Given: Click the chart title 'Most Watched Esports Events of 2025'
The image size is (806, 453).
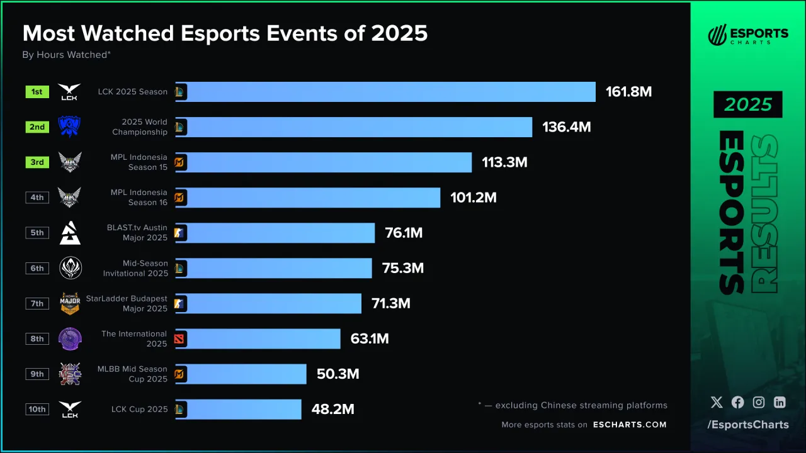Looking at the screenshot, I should (x=225, y=33).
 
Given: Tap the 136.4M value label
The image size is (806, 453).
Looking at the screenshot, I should (x=566, y=127).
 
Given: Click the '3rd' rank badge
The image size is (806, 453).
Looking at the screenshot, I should (x=37, y=162).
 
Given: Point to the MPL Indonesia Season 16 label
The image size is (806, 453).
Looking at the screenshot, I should (x=139, y=198).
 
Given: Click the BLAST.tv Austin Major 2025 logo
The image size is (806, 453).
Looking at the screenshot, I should (x=70, y=233).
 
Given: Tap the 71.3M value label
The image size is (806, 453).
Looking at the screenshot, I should (x=390, y=304).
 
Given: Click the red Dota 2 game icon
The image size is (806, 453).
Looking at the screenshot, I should (x=180, y=339).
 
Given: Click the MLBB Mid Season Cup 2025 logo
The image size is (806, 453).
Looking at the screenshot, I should (x=70, y=374).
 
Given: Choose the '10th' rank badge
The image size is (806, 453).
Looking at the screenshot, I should (x=37, y=409).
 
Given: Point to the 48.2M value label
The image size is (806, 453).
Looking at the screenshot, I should (x=332, y=410).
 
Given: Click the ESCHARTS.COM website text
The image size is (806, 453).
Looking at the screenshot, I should (x=630, y=425).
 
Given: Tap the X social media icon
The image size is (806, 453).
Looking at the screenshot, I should (x=717, y=403).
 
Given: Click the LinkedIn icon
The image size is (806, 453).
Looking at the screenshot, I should (x=780, y=403).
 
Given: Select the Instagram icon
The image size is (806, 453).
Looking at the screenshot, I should (x=759, y=403).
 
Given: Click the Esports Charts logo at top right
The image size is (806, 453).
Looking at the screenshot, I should (x=748, y=35).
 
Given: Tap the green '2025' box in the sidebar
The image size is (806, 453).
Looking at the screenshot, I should (x=747, y=104).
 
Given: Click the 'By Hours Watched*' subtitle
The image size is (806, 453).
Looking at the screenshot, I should (x=67, y=55).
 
